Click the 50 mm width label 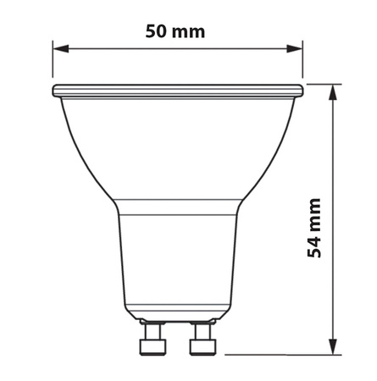tap(176, 33)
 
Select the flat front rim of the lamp tap(177, 89)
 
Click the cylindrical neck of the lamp tap(177, 262)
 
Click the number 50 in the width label tap(156, 33)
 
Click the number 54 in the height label tap(314, 246)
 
